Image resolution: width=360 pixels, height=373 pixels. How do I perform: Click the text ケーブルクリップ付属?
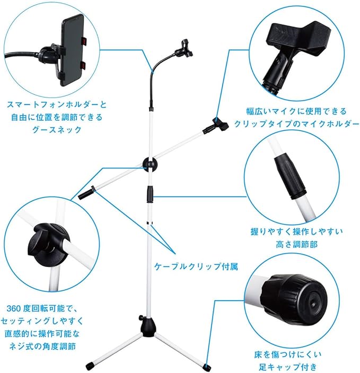coord(196,267)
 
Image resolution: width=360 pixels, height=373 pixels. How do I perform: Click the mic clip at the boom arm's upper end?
coord(216,125)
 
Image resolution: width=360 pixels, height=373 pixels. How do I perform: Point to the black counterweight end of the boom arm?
coord(85,193)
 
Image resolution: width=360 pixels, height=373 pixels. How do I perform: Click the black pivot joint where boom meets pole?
coord(150,164)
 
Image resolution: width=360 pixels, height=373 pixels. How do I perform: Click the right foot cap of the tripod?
coord(205,366)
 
